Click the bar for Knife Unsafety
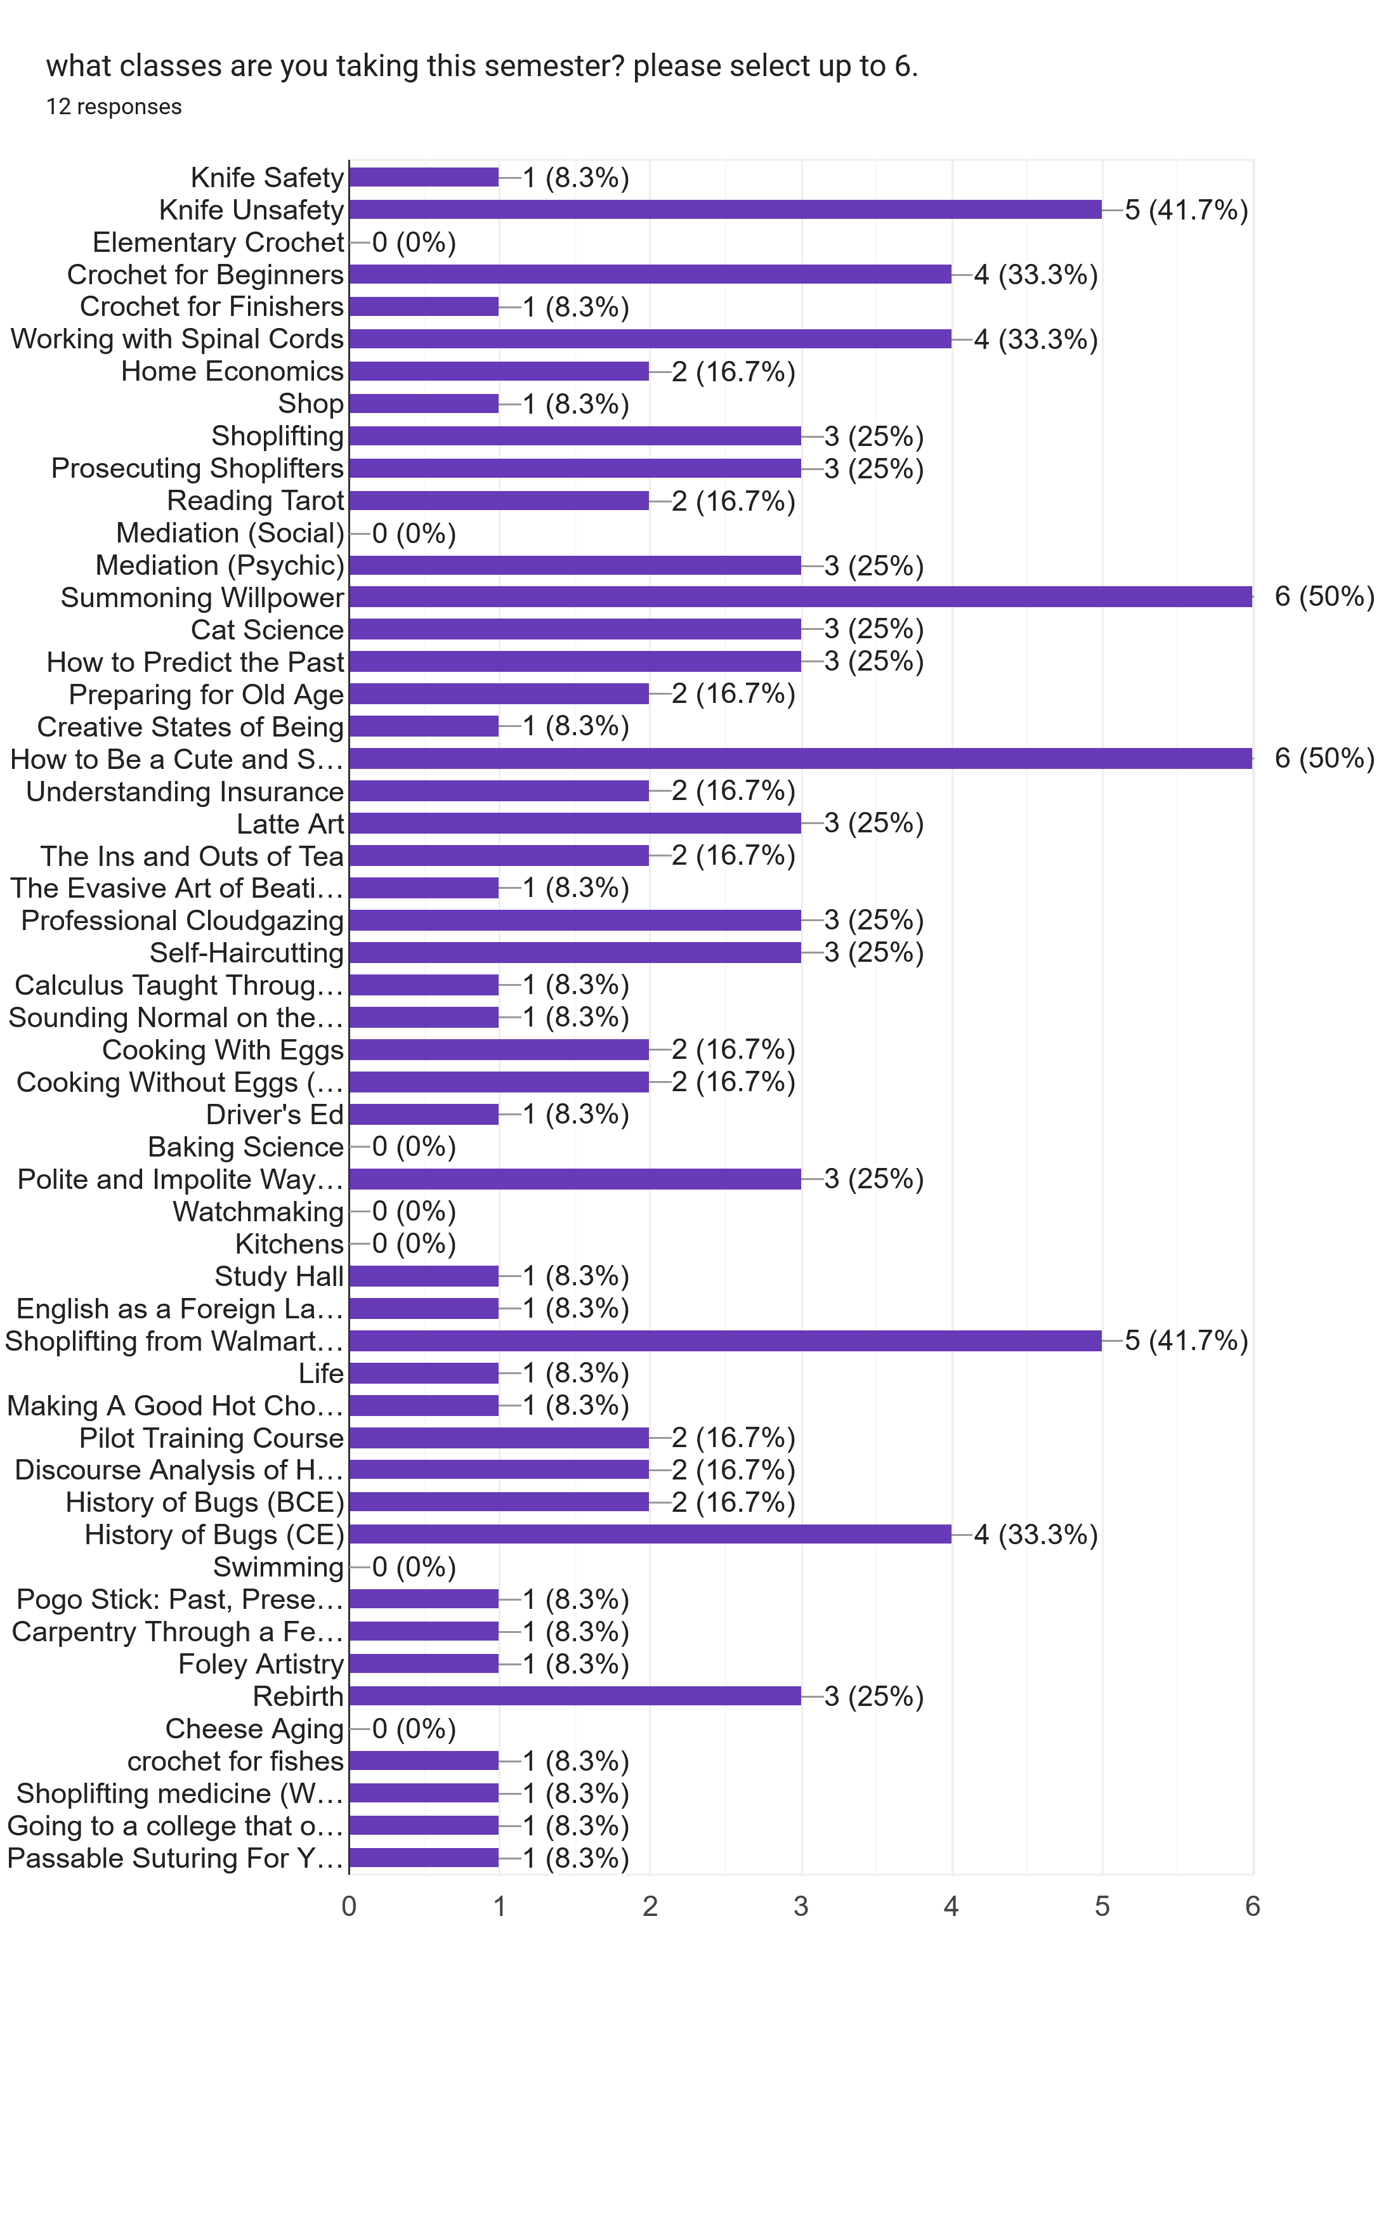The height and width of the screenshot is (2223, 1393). click(x=725, y=209)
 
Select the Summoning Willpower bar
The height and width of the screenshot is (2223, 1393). click(x=800, y=597)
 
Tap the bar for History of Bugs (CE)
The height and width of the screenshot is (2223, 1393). click(x=650, y=1534)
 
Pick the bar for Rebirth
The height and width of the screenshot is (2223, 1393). click(x=575, y=1695)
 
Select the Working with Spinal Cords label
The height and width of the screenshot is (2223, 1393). click(x=177, y=339)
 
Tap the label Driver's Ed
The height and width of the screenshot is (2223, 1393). click(x=275, y=1115)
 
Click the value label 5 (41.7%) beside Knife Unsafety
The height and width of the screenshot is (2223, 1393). click(x=1186, y=210)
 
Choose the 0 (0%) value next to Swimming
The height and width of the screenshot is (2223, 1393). click(x=414, y=1567)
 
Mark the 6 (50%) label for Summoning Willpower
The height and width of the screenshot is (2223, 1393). click(x=1324, y=597)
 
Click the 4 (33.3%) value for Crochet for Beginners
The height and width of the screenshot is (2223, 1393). click(x=1035, y=275)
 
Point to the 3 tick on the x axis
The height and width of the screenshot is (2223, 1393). click(x=801, y=1906)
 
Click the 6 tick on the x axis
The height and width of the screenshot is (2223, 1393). click(x=1252, y=1906)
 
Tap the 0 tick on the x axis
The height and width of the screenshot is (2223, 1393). click(x=348, y=1906)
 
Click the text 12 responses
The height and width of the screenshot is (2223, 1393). click(x=114, y=107)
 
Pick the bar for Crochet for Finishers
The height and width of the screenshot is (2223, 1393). click(x=424, y=307)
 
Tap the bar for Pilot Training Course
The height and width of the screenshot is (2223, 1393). click(x=499, y=1437)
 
